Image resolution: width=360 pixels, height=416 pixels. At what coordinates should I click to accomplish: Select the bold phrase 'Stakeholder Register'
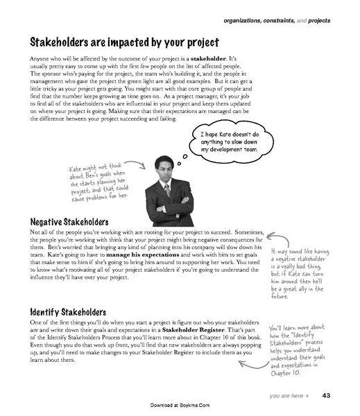pos(203,331)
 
